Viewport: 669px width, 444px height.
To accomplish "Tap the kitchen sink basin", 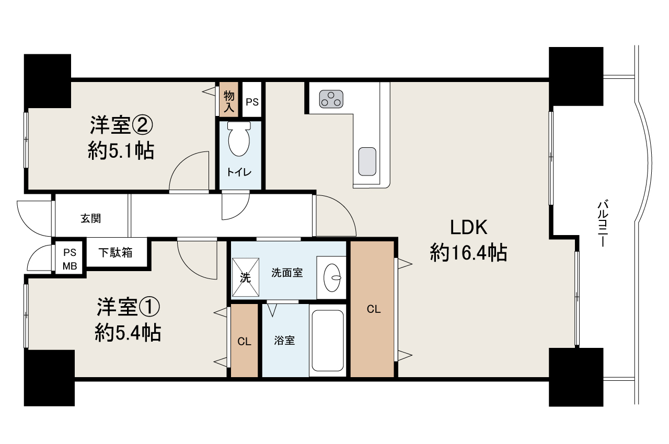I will coord(367,161).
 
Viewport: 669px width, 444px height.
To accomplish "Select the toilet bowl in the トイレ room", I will coord(240,140).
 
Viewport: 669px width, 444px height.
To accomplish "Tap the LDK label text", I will coord(469,228).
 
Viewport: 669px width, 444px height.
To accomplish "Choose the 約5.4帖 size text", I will coord(128,333).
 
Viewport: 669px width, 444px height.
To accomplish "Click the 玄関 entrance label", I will coord(91,218).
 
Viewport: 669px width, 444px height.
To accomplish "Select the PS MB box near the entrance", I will coord(70,259).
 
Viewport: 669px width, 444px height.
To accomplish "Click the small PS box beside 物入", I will coord(252,102).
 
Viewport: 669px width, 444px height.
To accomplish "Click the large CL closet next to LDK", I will coord(372,309).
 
